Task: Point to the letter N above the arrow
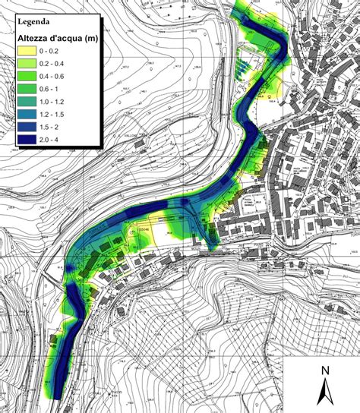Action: [324, 370]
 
